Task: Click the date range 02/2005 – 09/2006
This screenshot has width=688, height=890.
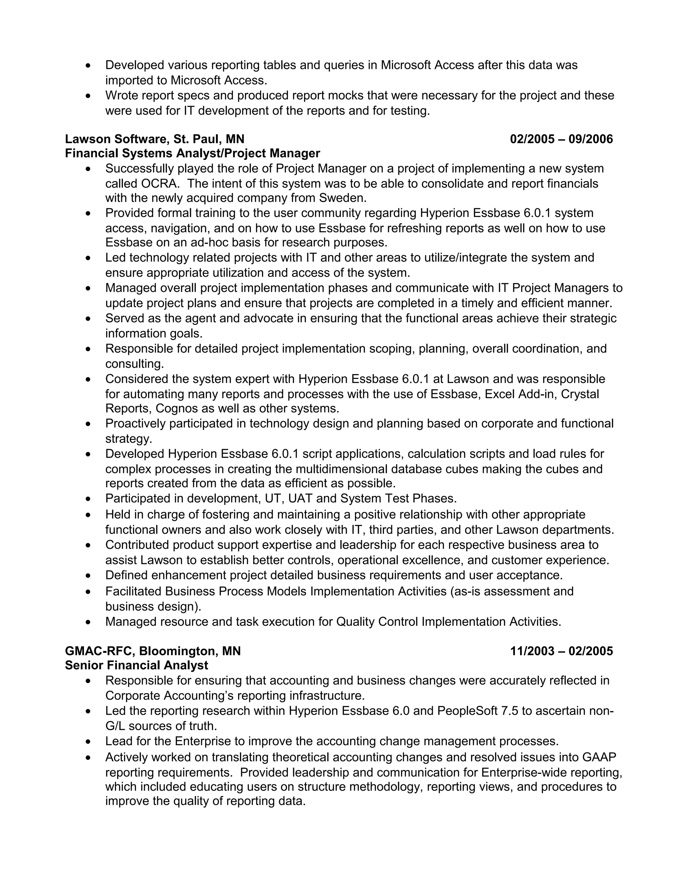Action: (x=561, y=139)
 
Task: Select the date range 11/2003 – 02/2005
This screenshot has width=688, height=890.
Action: (x=561, y=651)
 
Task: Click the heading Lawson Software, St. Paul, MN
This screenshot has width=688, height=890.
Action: (x=155, y=139)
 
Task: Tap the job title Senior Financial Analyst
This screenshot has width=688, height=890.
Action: (x=136, y=665)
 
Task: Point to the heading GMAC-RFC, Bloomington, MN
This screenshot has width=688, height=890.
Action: (x=153, y=651)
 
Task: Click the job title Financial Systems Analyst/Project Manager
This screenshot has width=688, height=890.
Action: (x=192, y=153)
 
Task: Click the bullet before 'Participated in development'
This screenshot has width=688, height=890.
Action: (x=88, y=499)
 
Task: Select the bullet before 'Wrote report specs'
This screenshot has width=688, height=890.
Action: (x=88, y=96)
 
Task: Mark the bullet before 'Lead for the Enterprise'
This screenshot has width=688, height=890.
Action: (x=88, y=742)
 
